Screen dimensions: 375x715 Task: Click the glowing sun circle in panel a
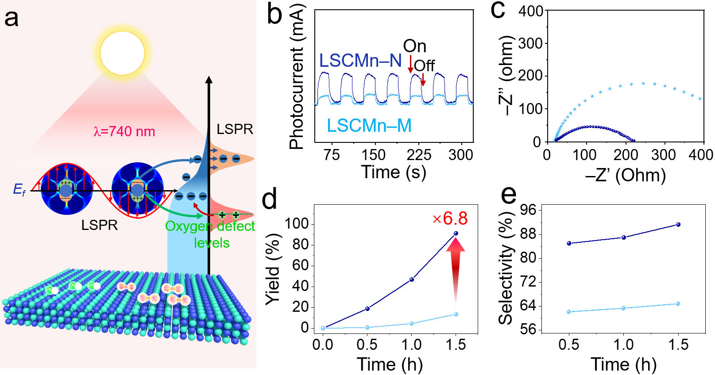[122, 53]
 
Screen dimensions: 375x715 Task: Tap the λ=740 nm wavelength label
[124, 131]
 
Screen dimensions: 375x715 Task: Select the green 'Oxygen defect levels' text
[210, 234]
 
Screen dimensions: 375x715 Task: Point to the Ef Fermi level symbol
[19, 190]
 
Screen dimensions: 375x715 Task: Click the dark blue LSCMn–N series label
[360, 61]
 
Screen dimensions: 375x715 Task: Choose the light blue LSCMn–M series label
[369, 126]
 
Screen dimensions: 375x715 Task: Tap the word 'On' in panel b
[415, 46]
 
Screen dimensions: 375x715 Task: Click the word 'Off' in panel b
[424, 65]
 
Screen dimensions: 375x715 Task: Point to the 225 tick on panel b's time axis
[419, 155]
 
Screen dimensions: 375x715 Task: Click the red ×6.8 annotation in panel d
[450, 218]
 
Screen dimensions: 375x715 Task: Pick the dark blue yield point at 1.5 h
[456, 233]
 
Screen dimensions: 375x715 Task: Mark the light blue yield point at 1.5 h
[456, 314]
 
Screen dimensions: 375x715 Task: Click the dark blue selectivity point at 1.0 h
[624, 237]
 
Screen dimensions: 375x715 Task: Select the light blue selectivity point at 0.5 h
[569, 312]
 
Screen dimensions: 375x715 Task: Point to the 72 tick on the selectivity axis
[528, 282]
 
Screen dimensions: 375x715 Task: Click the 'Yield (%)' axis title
[273, 270]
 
